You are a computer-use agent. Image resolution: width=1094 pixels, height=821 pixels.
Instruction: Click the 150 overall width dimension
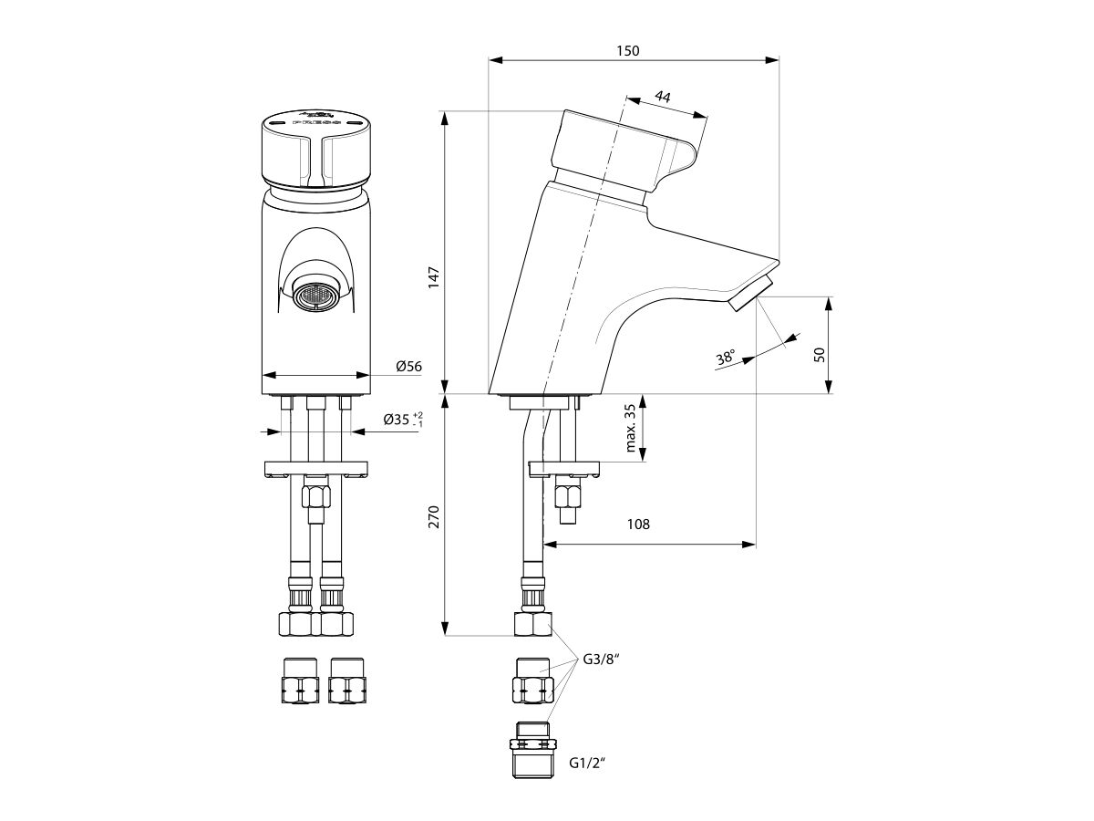627,51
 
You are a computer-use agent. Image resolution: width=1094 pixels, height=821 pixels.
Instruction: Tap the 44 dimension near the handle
664,98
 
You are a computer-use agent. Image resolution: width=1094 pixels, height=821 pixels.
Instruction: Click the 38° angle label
726,358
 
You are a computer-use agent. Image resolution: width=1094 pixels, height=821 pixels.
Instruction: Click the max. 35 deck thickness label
631,429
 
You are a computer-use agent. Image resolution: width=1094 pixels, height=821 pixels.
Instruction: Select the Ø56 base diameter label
408,367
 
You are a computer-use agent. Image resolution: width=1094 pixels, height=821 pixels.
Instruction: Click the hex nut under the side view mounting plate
568,496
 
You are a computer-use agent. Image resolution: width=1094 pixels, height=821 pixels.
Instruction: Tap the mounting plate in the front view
315,469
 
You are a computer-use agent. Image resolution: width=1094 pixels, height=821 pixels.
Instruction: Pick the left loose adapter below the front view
298,681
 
